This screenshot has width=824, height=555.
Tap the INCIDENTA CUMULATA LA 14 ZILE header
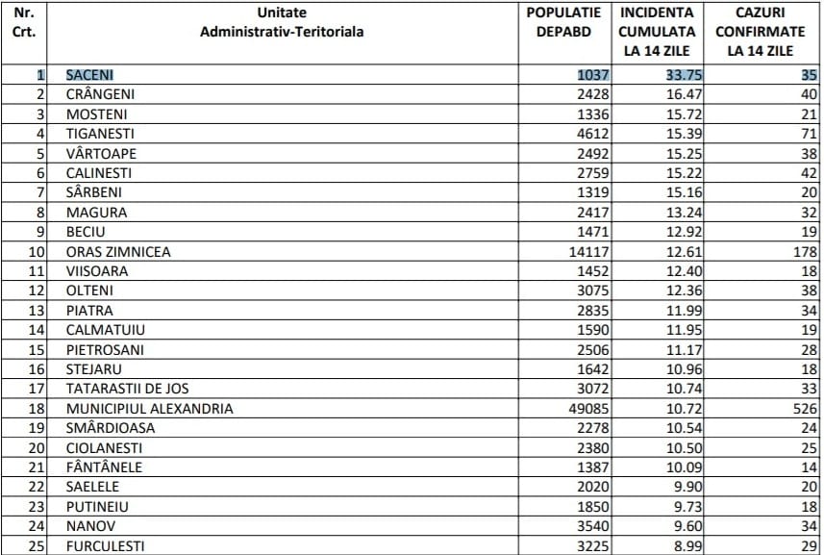[656, 32]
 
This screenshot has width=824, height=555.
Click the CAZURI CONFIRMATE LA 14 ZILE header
[761, 32]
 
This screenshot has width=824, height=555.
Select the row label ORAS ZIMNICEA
[118, 252]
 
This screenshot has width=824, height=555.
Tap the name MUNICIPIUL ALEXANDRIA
[149, 409]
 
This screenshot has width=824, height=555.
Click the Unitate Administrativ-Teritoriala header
[282, 22]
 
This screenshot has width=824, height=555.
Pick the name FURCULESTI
[105, 546]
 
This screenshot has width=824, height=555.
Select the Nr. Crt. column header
[25, 22]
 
